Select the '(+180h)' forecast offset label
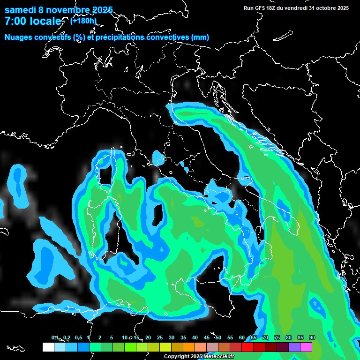pos(83,21)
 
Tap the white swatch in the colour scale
pos(48,347)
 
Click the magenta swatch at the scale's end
pos(306,347)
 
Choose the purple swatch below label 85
pos(294,347)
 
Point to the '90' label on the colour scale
pos(312,337)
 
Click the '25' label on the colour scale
pos(159,337)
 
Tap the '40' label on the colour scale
pos(195,337)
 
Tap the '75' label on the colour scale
pos(277,337)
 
